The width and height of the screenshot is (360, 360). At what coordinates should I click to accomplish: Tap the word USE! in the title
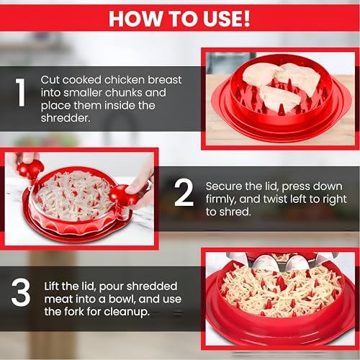click(227, 19)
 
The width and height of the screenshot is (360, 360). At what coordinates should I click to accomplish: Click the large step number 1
click(20, 92)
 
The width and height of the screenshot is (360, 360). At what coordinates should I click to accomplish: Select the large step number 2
click(184, 193)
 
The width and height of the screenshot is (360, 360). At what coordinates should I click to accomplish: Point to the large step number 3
click(21, 292)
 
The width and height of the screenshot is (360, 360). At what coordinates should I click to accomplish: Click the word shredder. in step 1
click(66, 118)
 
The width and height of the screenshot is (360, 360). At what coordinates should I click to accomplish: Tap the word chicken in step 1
click(124, 80)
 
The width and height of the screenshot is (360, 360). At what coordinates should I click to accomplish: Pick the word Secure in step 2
click(224, 186)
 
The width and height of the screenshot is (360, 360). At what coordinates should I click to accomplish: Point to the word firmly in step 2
click(221, 199)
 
